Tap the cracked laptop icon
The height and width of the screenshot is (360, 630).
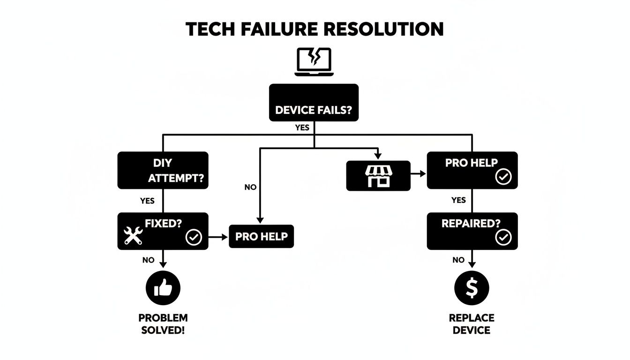point(314,62)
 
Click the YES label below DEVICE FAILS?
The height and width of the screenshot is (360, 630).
point(302,127)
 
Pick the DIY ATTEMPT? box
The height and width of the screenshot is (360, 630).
point(163,170)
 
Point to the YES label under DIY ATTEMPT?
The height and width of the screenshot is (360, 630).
point(147,201)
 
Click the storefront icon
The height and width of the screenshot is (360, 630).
point(378,176)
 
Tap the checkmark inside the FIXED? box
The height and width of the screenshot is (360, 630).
point(193,238)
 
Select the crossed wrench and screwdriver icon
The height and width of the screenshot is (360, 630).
point(133,235)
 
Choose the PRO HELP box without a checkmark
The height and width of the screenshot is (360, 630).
point(261,236)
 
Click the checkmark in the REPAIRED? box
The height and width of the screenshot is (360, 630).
point(503,238)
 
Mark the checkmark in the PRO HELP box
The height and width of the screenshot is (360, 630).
point(503,177)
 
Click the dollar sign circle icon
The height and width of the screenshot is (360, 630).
point(472,288)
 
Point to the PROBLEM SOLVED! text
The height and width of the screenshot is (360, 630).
point(163,324)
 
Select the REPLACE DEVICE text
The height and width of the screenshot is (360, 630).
point(472,324)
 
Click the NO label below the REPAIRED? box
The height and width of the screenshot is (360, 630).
point(458,260)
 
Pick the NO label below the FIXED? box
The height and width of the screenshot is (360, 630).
point(149,260)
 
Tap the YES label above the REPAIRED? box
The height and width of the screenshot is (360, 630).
point(458,200)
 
